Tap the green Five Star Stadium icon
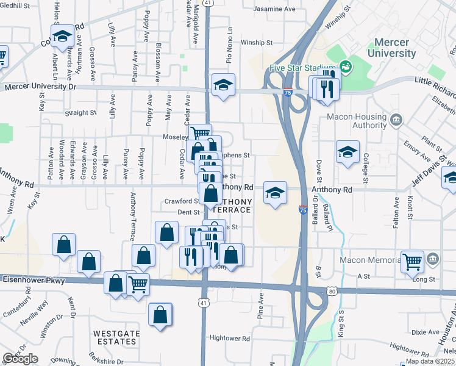click(346, 66)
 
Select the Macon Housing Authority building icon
click(397, 118)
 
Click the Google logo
click(20, 359)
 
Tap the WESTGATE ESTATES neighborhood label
click(115, 337)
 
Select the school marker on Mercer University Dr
click(224, 85)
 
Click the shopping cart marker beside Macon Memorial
click(413, 261)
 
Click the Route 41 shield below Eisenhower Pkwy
click(204, 303)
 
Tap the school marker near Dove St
click(347, 152)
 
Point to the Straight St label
click(80, 113)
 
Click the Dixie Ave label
click(426, 332)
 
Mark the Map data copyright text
click(430, 361)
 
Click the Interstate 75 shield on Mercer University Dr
click(287, 91)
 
